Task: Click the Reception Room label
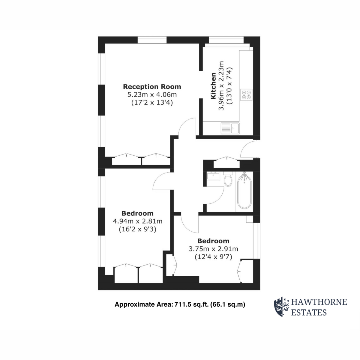[x=152, y=87]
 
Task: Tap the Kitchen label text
[x=213, y=86]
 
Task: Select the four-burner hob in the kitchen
[x=246, y=95]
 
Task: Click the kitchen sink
[x=230, y=128]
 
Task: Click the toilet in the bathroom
[x=228, y=179]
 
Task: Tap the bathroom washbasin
[x=213, y=175]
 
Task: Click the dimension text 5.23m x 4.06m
[x=152, y=95]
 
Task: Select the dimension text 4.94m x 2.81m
[x=137, y=221]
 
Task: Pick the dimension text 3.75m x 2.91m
[x=213, y=249]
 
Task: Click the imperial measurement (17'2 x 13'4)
[x=152, y=103]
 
